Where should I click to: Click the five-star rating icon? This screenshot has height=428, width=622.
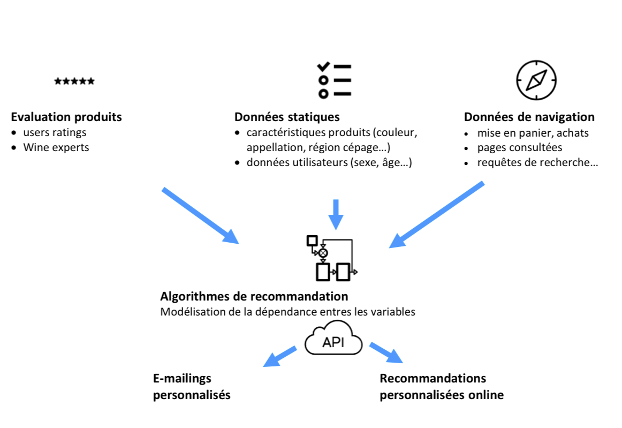(74, 81)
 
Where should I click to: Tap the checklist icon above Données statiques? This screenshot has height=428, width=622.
(334, 80)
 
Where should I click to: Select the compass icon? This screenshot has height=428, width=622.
(536, 80)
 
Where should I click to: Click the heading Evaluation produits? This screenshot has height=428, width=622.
(66, 117)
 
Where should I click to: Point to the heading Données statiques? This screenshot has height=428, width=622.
(287, 117)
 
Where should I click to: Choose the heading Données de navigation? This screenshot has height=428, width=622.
(529, 117)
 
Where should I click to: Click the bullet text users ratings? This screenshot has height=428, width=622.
(55, 132)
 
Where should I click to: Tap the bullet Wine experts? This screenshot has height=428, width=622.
(56, 147)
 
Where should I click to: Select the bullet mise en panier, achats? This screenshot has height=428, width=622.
(533, 133)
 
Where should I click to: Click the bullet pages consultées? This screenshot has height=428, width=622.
(520, 148)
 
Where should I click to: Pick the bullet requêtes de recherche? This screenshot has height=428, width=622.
(537, 163)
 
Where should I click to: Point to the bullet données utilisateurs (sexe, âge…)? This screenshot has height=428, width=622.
(329, 163)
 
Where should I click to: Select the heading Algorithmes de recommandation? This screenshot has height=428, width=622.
(254, 296)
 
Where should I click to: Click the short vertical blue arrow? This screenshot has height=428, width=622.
(336, 213)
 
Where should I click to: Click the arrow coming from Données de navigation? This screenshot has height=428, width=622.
(437, 214)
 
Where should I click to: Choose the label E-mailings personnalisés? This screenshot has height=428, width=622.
(192, 387)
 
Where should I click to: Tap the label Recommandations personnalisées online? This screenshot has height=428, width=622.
(441, 387)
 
